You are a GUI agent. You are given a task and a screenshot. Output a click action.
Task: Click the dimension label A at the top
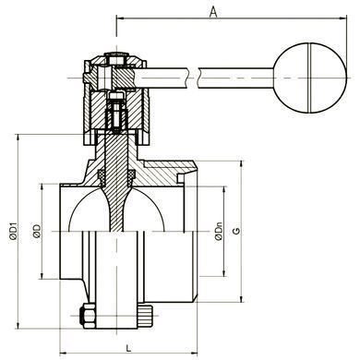click(x=213, y=12)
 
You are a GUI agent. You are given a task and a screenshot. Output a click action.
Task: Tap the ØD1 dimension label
click(x=13, y=231)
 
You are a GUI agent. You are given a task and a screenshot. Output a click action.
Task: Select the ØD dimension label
click(x=37, y=231)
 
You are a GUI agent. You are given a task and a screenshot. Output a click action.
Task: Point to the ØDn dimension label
click(x=219, y=231)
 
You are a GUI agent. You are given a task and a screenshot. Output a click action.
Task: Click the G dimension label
click(x=236, y=231)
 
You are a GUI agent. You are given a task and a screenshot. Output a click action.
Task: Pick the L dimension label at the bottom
click(x=129, y=348)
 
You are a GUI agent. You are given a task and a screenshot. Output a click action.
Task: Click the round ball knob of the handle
click(x=310, y=78)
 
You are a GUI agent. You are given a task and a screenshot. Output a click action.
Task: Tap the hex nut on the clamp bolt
click(x=88, y=317)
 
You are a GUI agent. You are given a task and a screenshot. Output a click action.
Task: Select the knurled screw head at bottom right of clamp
click(x=145, y=317)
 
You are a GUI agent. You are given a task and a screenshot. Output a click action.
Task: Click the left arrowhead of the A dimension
click(x=120, y=18)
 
